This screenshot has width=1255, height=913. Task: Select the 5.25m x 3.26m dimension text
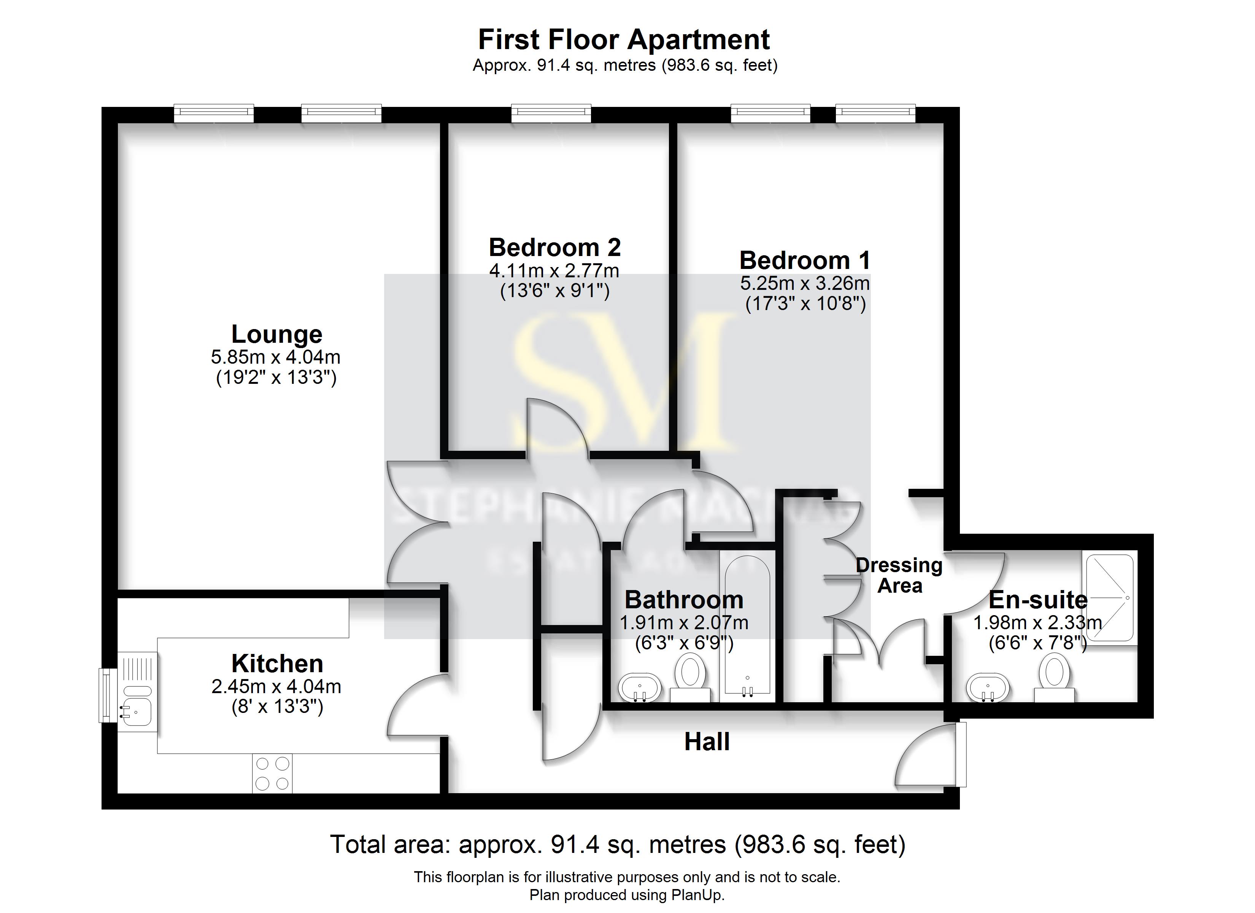pos(805,283)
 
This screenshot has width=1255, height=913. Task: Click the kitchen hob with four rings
pos(272,773)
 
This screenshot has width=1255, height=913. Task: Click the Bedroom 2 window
pos(551,113)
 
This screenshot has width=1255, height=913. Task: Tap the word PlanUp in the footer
pos(697,895)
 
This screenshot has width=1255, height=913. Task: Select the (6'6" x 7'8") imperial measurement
pos(1037,643)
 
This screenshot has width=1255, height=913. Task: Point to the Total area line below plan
pos(618,845)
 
